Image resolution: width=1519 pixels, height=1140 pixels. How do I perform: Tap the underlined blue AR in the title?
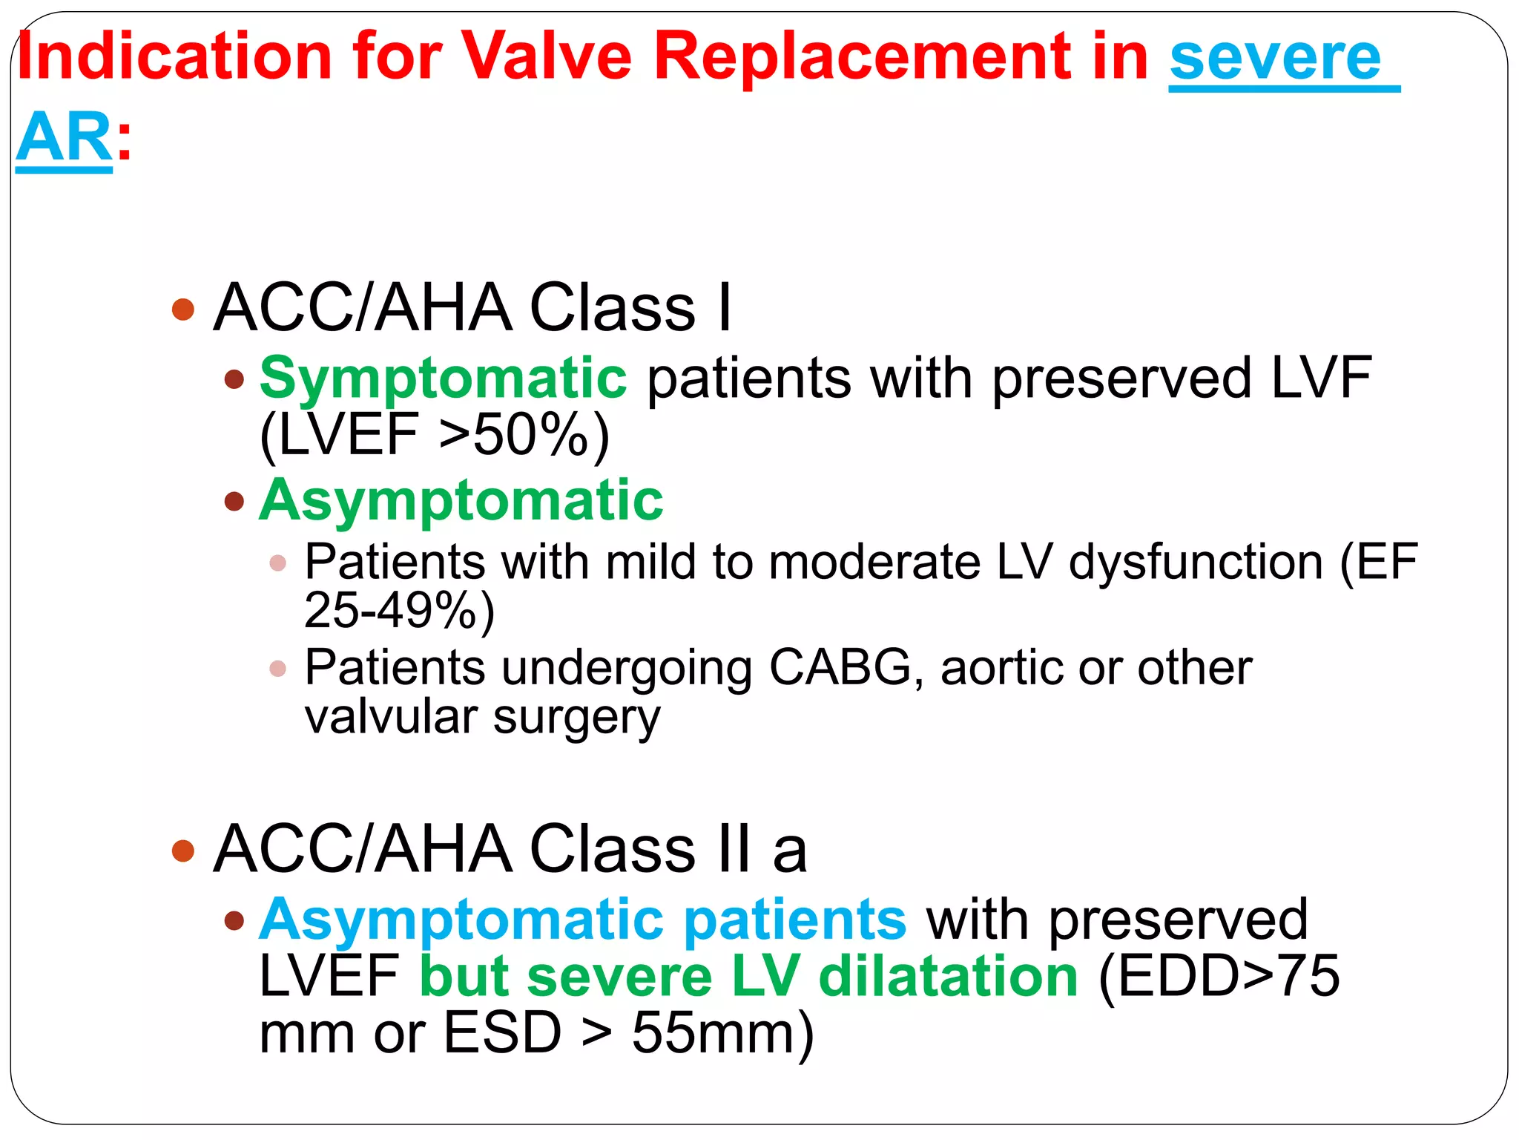64,137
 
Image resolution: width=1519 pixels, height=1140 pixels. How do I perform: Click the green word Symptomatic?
443,379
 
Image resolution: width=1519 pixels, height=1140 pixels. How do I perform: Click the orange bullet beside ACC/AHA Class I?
182,309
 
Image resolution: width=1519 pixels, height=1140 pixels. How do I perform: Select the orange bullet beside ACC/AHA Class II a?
182,851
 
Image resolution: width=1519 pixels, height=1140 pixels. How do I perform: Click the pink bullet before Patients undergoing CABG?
278,669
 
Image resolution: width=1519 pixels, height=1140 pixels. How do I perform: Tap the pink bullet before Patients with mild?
278,563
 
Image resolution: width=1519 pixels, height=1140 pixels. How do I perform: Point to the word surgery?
576,718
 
